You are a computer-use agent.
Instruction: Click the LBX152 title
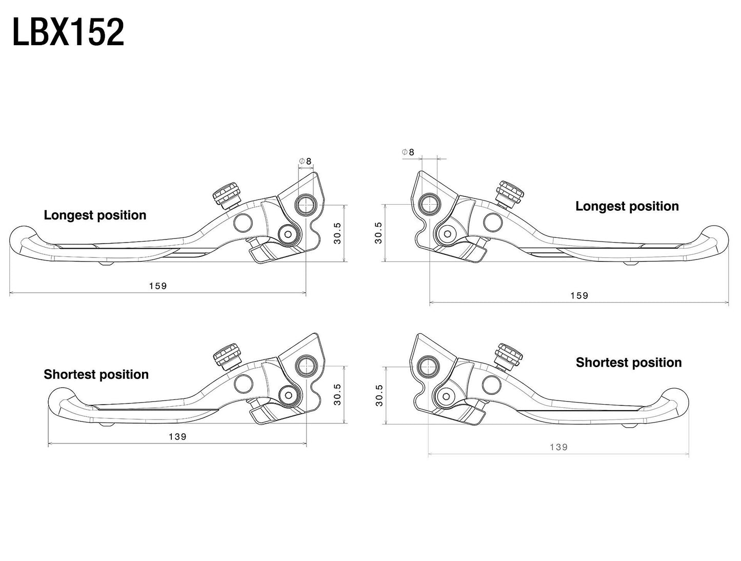[x=68, y=33]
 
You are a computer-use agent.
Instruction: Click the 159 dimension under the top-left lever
[x=158, y=286]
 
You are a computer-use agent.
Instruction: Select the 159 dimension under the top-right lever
[x=579, y=295]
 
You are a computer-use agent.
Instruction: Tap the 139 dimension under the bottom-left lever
[x=177, y=436]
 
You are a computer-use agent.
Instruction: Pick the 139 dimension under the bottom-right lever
[x=558, y=447]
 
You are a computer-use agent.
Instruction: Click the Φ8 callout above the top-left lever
[x=306, y=161]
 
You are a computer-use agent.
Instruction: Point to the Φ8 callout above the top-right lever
[x=408, y=152]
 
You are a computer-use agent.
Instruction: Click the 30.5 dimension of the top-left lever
[x=337, y=233]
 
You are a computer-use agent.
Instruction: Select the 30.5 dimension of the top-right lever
[x=378, y=233]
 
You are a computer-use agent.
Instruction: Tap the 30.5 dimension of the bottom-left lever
[x=337, y=394]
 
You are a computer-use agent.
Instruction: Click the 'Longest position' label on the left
[x=95, y=215]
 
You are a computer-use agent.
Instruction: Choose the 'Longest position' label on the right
[x=627, y=206]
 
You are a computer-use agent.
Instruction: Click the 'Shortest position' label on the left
[x=96, y=374]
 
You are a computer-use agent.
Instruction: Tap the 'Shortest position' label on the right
[x=628, y=363]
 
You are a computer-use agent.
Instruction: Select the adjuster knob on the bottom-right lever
[x=509, y=355]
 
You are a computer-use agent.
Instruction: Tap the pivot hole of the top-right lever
[x=429, y=204]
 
